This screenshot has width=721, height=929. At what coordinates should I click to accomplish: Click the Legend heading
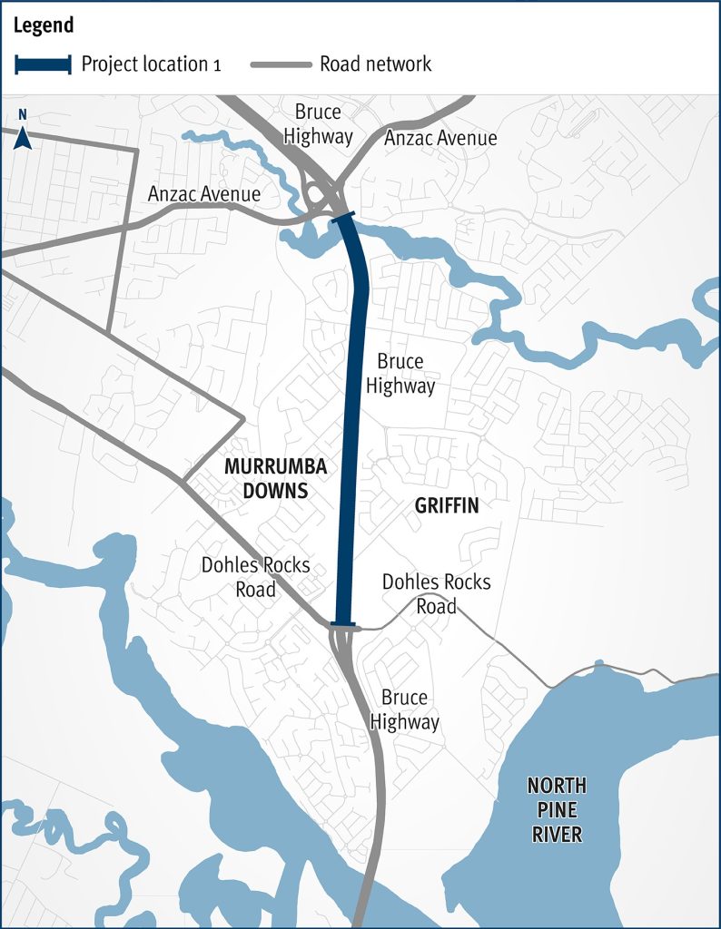click(x=43, y=25)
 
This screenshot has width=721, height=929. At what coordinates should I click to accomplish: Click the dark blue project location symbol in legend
click(x=42, y=64)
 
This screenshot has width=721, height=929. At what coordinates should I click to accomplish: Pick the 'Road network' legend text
click(x=375, y=64)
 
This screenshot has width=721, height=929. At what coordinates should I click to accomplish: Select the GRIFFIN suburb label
click(x=446, y=506)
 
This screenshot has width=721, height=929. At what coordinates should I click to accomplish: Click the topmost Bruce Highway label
click(x=318, y=124)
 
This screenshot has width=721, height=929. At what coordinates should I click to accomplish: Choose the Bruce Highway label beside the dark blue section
click(x=400, y=374)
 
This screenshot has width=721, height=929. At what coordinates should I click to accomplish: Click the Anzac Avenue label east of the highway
click(x=440, y=138)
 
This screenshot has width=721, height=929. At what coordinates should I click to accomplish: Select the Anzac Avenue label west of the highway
click(x=204, y=194)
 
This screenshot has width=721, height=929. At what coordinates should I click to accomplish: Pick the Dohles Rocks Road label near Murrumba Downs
click(x=255, y=577)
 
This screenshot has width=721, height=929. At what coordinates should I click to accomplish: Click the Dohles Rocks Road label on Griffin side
click(x=436, y=593)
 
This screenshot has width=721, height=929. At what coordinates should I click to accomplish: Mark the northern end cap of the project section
click(x=344, y=217)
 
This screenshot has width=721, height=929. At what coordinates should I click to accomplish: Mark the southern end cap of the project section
click(x=344, y=625)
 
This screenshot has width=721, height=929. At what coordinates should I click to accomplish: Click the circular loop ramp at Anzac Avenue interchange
click(x=318, y=193)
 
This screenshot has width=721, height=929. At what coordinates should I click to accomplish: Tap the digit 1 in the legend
click(x=216, y=65)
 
